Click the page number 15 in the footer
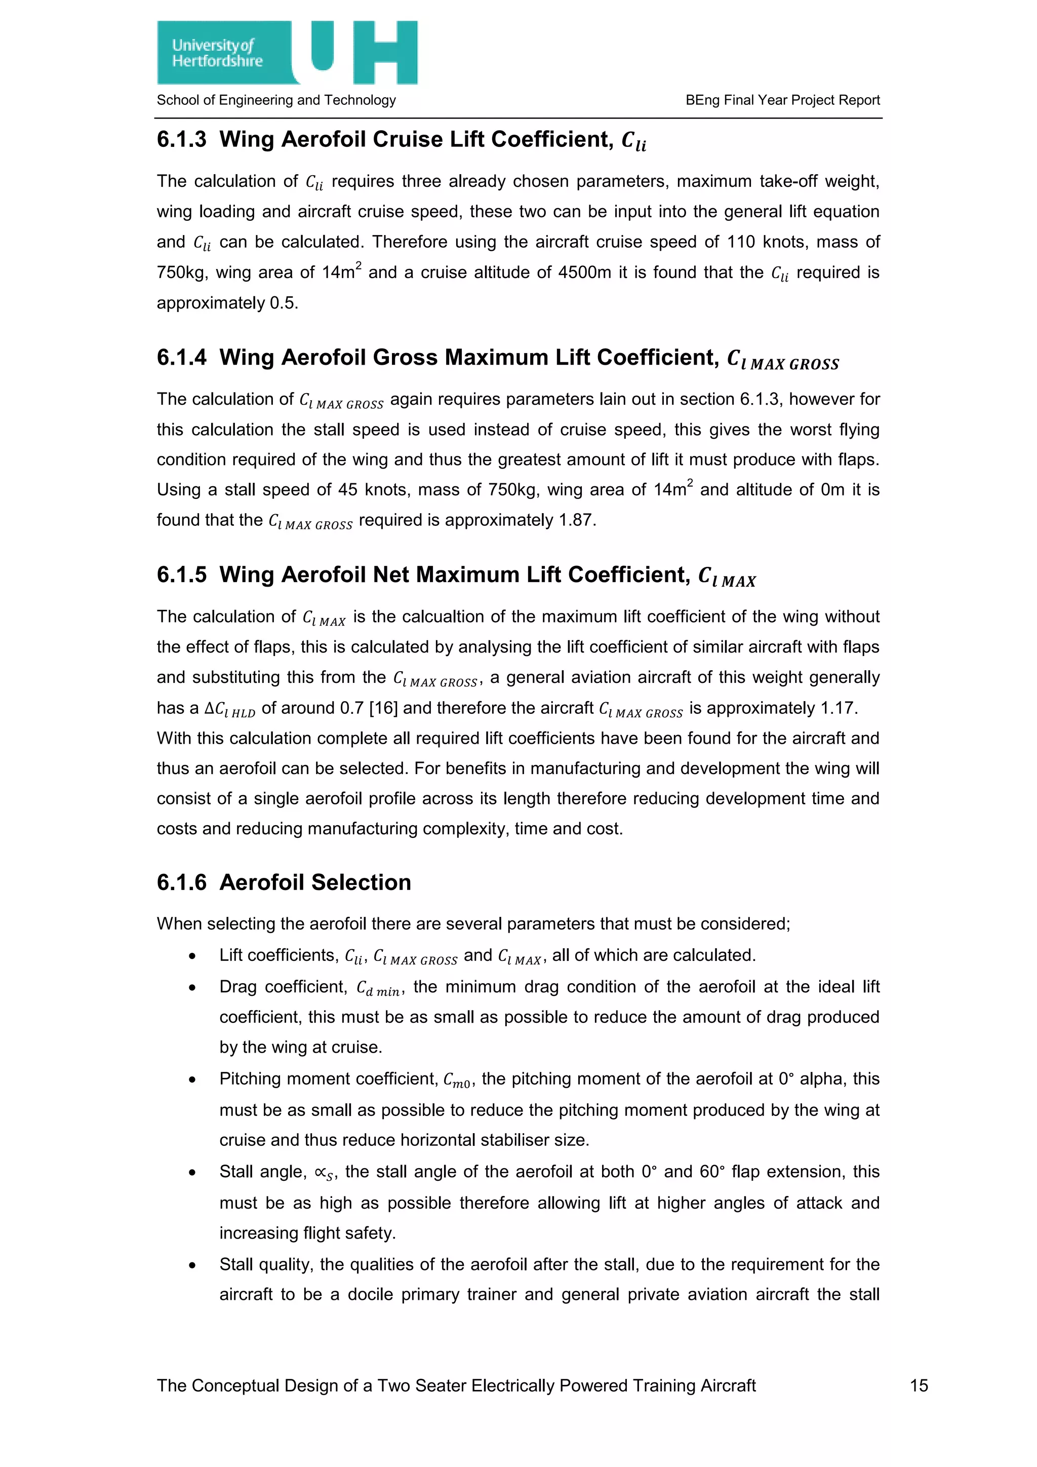point(918,1385)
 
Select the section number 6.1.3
point(181,139)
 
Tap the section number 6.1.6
point(181,882)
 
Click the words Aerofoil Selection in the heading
point(315,882)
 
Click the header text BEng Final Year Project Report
point(782,100)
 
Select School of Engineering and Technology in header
point(276,100)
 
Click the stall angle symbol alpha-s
point(324,1173)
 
